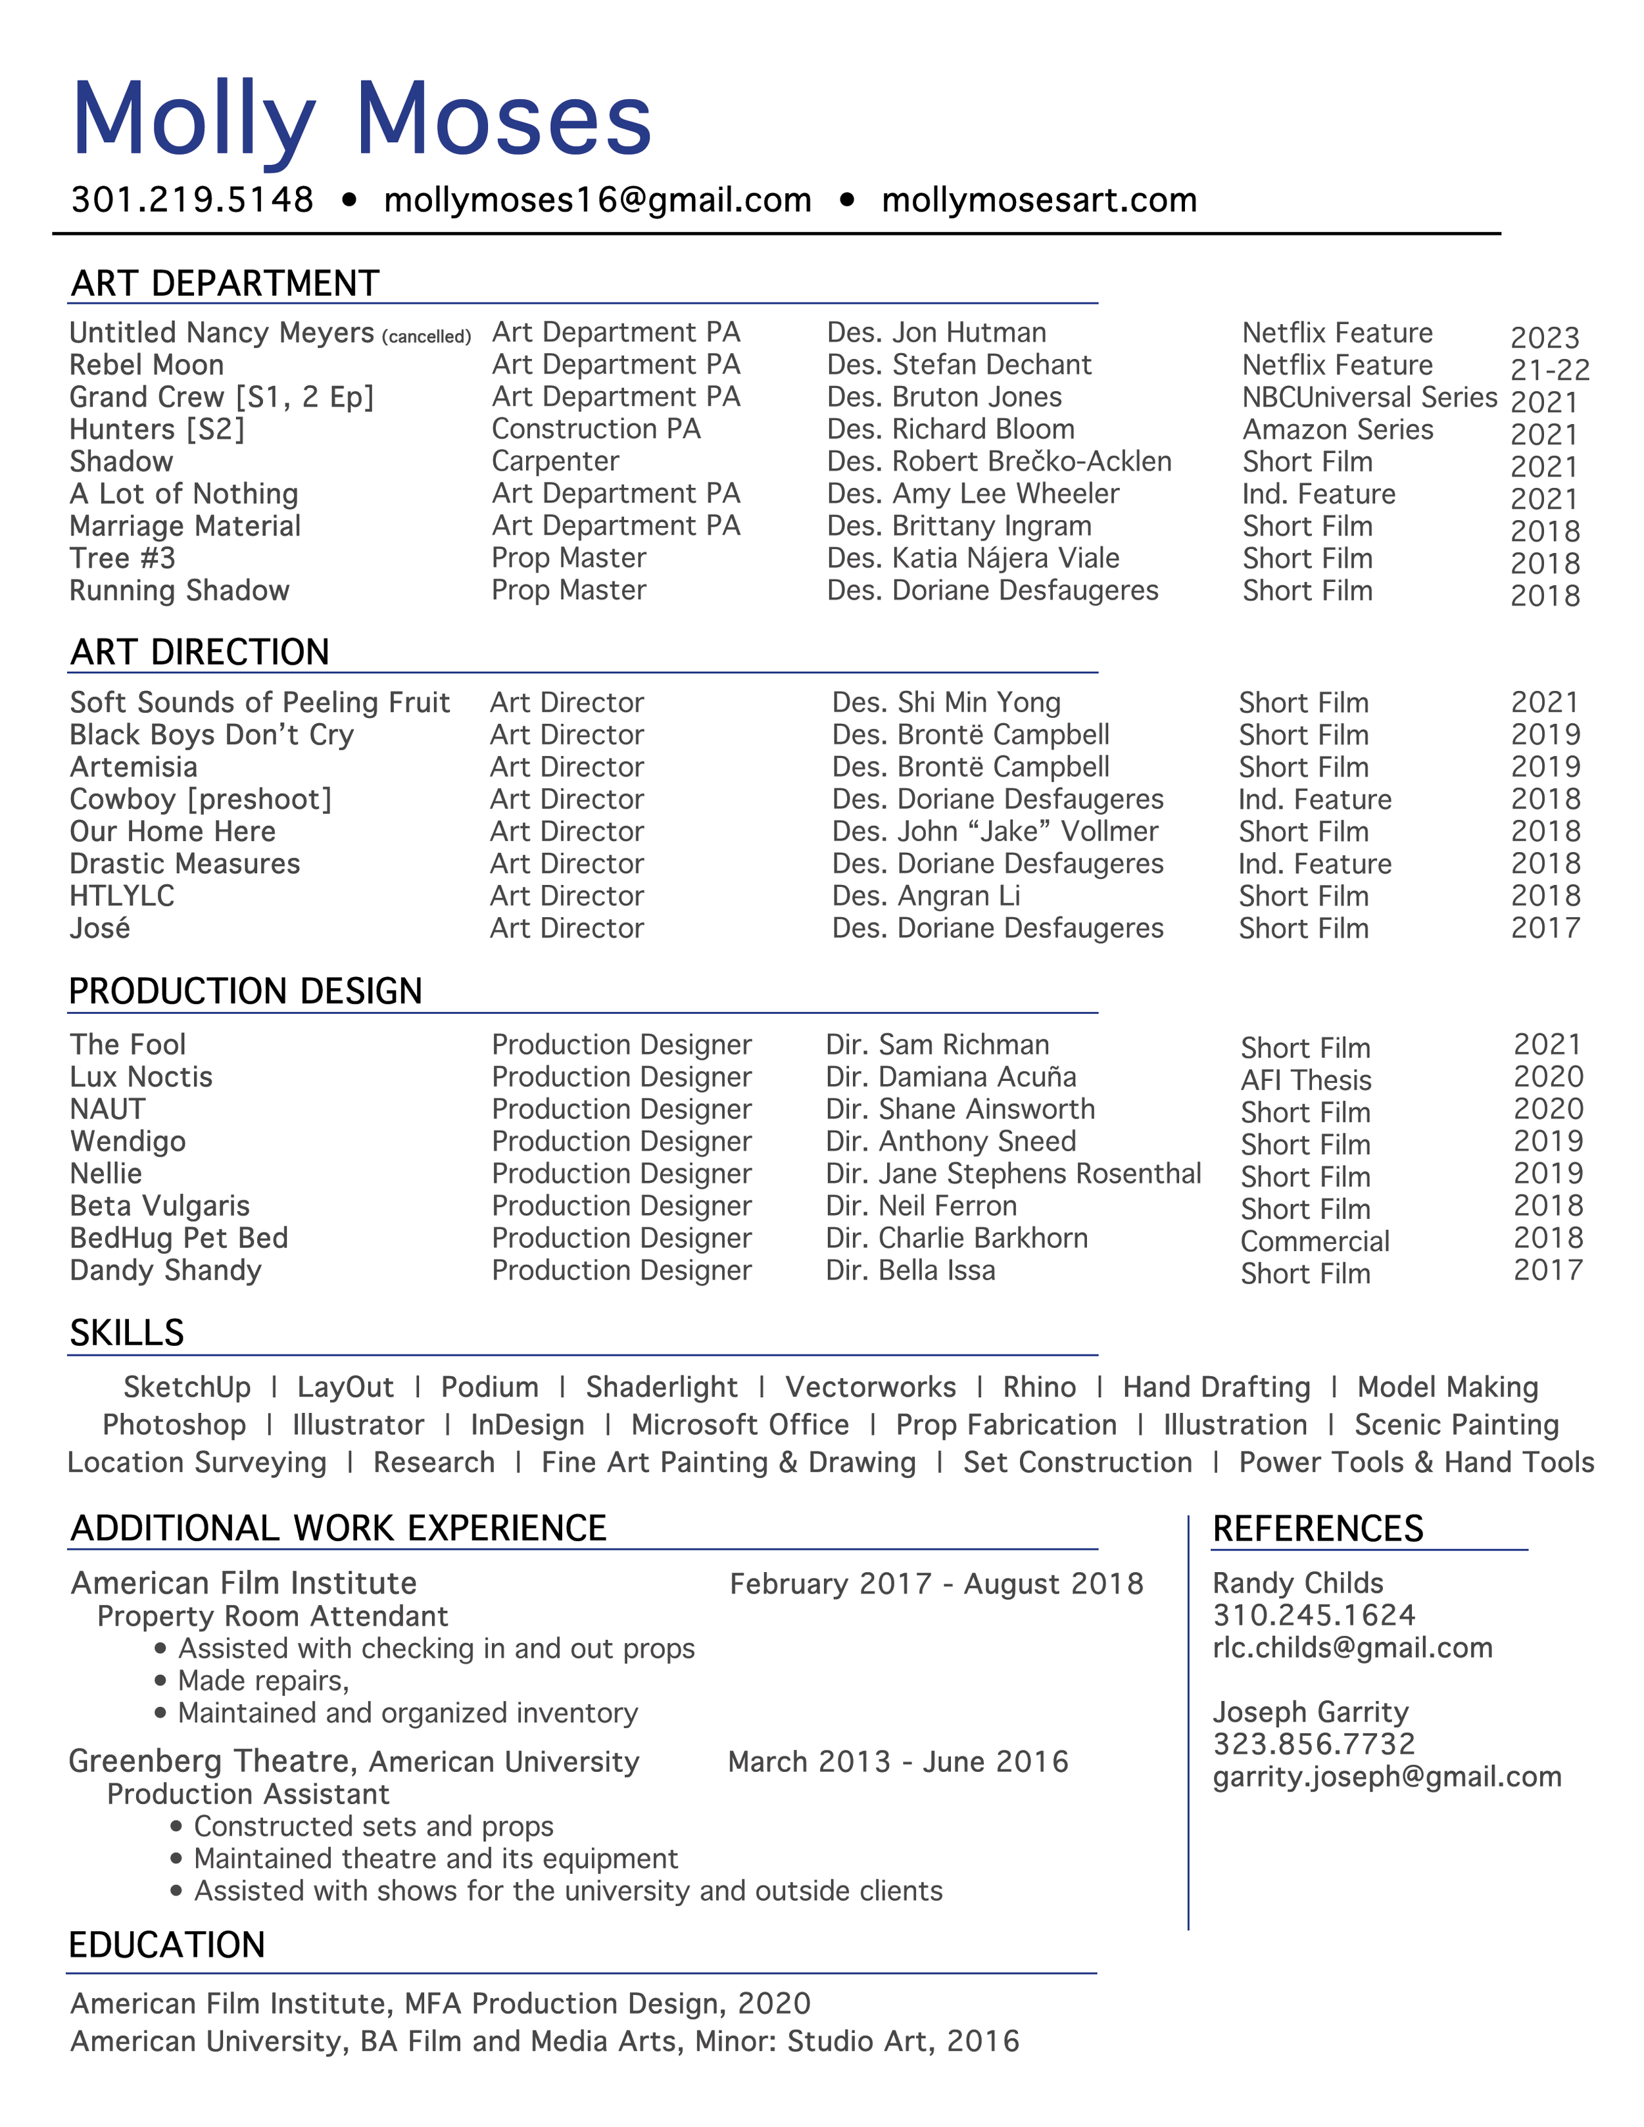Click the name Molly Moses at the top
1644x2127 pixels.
tap(361, 119)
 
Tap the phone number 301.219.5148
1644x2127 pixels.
tap(193, 200)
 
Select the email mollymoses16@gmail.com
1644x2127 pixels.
tap(597, 200)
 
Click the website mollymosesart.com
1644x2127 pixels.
tap(1038, 200)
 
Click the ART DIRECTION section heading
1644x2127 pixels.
tap(200, 652)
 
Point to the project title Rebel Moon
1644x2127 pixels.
tap(146, 364)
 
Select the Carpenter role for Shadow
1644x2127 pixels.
tap(555, 461)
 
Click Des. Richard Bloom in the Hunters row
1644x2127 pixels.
tap(950, 429)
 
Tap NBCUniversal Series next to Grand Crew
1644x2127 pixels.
tap(1368, 397)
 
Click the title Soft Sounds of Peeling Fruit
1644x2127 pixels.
tap(259, 702)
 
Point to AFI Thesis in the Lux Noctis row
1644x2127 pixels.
tap(1305, 1080)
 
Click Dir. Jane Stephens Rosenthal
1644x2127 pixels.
tap(1013, 1174)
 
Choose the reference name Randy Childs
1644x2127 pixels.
tap(1297, 1583)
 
